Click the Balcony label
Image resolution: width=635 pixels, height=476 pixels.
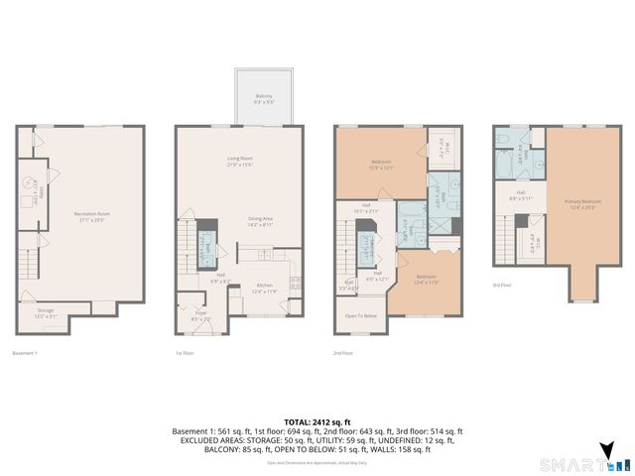pyautogui.click(x=262, y=98)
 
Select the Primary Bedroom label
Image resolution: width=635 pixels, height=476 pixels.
pyautogui.click(x=584, y=203)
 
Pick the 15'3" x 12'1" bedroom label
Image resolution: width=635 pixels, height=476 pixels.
pyautogui.click(x=382, y=165)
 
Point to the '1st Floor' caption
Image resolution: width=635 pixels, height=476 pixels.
pyautogui.click(x=185, y=353)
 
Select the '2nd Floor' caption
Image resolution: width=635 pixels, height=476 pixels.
pyautogui.click(x=344, y=353)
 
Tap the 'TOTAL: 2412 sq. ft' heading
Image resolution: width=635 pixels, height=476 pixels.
pyautogui.click(x=317, y=421)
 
